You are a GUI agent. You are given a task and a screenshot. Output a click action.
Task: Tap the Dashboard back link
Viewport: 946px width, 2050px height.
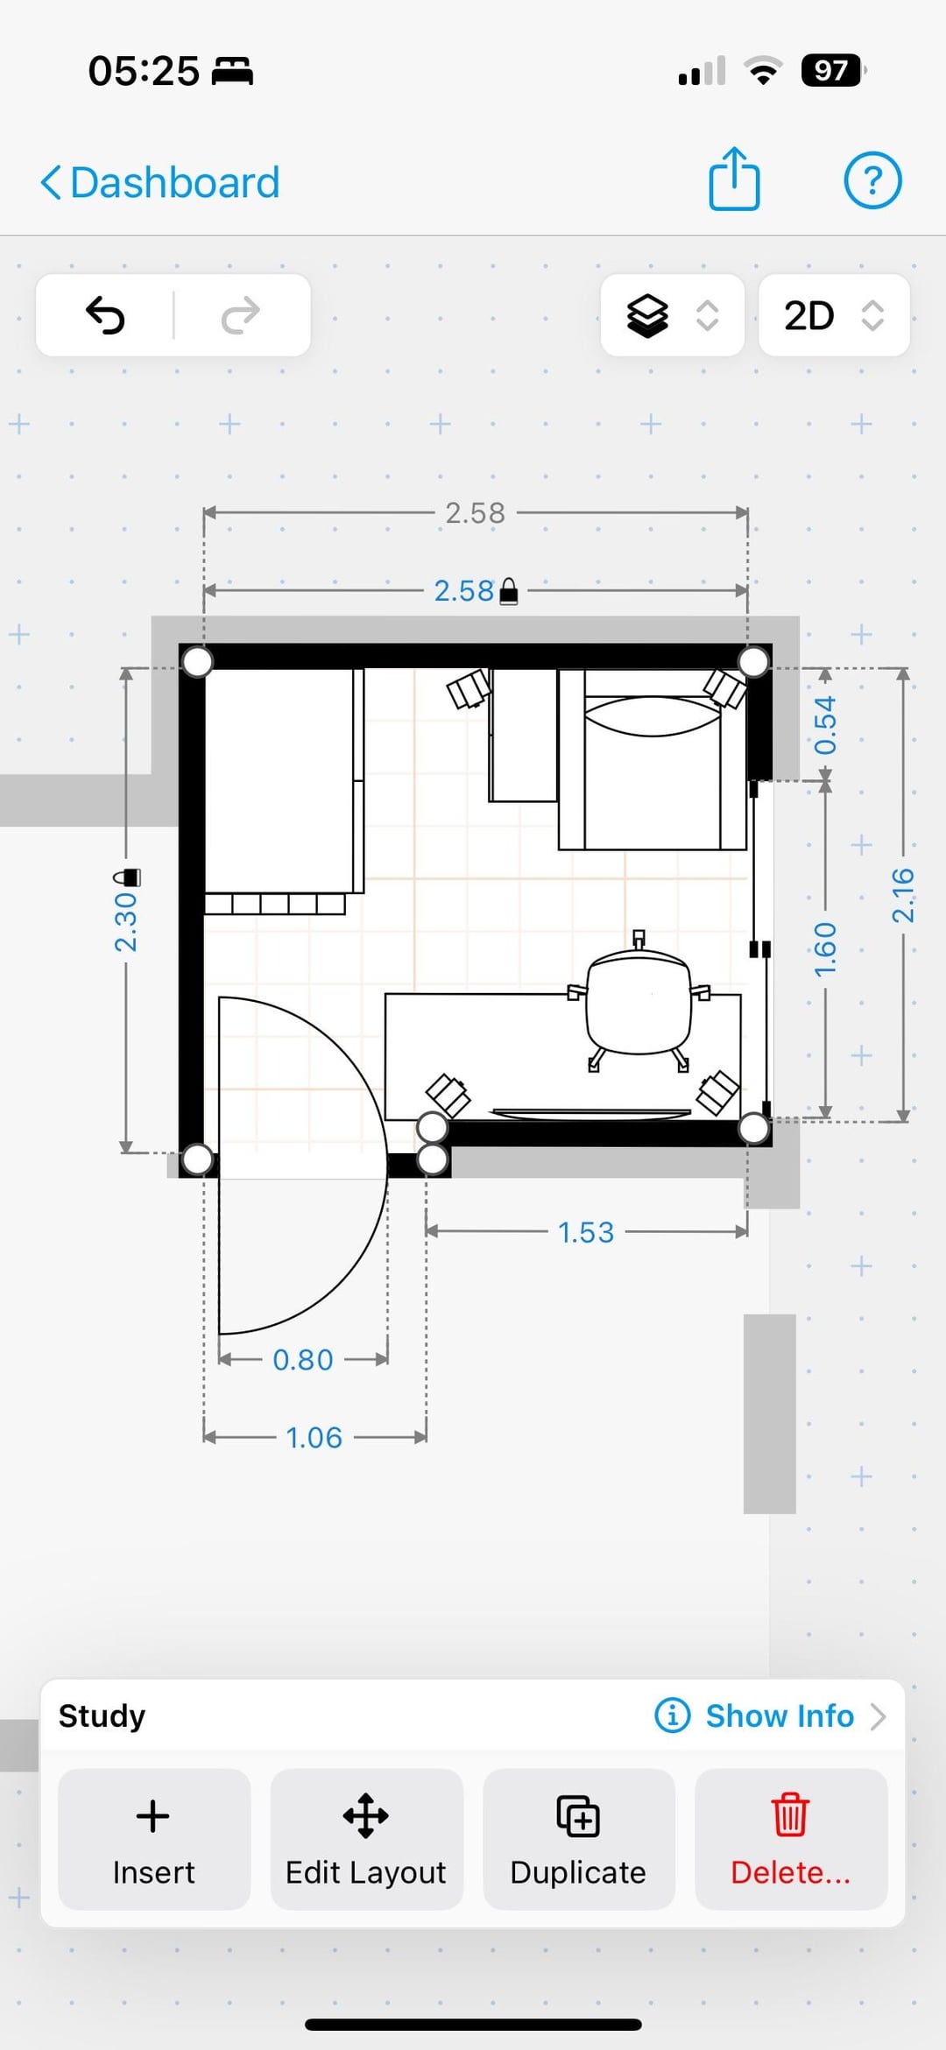[160, 182]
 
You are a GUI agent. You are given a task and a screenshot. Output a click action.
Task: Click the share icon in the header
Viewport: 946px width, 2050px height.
[734, 180]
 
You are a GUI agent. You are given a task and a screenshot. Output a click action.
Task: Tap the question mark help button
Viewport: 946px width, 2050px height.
[872, 180]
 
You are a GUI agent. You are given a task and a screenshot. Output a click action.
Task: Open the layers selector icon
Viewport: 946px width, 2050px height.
[647, 315]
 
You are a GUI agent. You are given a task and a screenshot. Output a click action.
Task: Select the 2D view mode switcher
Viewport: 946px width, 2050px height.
[834, 315]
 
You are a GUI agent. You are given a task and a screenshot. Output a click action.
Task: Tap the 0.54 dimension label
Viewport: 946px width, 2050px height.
[825, 725]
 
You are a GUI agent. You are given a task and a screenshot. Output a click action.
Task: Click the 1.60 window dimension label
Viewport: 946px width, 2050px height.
[825, 949]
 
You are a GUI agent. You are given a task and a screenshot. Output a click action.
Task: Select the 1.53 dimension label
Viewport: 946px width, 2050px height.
[586, 1232]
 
